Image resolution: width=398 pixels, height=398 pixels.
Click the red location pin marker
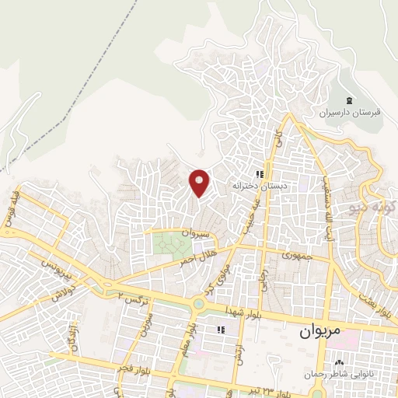pyautogui.click(x=200, y=183)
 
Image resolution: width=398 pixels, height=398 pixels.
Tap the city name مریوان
pyautogui.click(x=320, y=330)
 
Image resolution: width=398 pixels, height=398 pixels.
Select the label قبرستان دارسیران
pyautogui.click(x=354, y=113)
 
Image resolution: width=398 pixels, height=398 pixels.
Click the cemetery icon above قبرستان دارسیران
pyautogui.click(x=349, y=100)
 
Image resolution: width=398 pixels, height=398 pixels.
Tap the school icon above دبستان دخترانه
pyautogui.click(x=260, y=174)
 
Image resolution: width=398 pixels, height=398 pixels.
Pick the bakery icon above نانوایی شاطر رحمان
pyautogui.click(x=339, y=361)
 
